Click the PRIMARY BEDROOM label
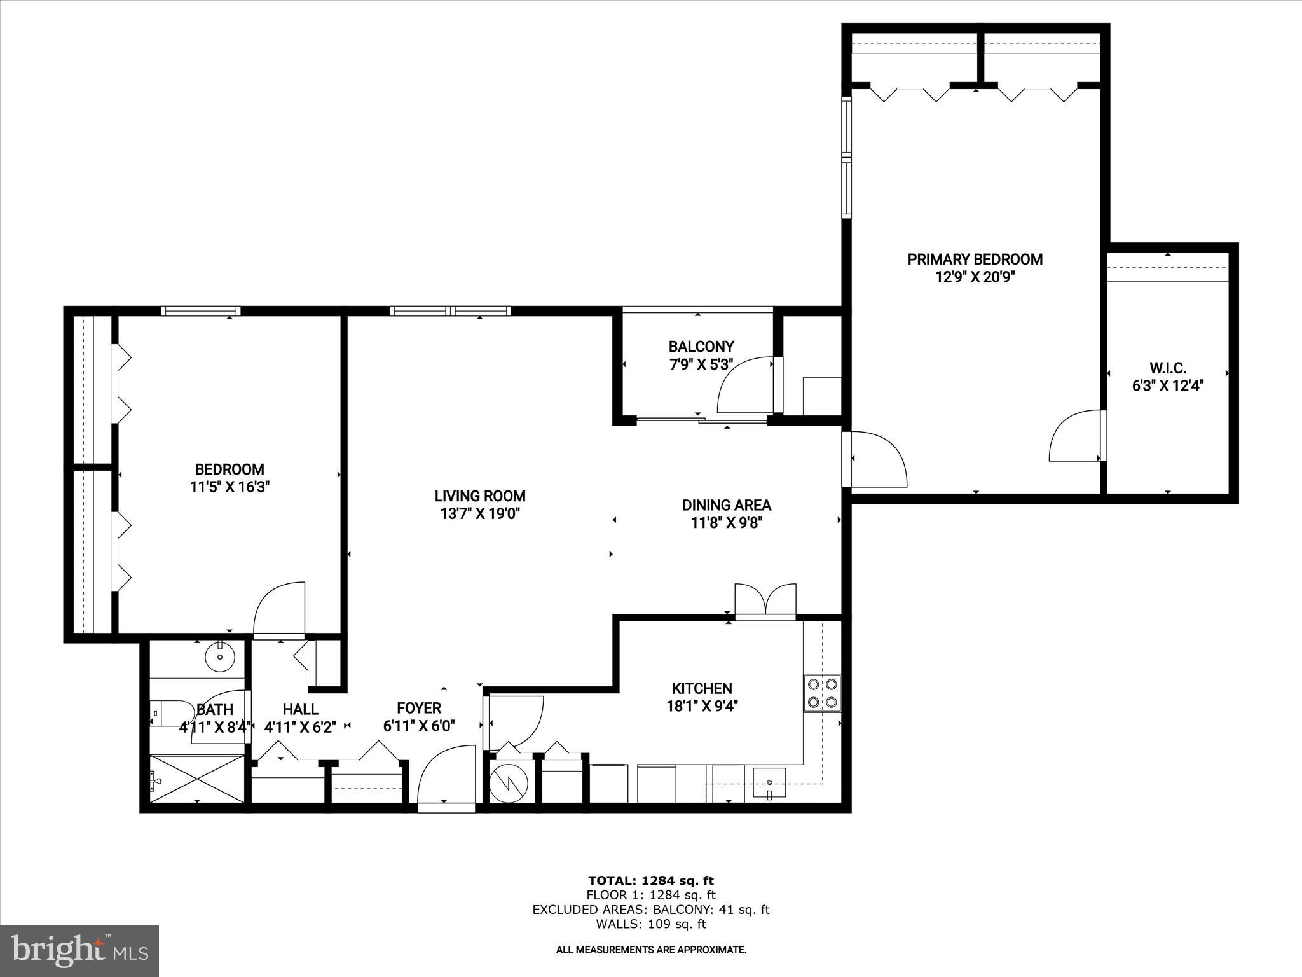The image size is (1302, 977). (975, 260)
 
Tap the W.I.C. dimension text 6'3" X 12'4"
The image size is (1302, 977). (1168, 385)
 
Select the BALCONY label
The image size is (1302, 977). (701, 347)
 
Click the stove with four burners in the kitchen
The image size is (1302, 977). (822, 693)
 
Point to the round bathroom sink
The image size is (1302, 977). (219, 656)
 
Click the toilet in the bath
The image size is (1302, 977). (170, 712)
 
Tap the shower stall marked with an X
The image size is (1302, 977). (196, 779)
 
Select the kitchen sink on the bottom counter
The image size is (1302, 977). (769, 781)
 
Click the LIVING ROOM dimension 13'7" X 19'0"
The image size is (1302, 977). (480, 514)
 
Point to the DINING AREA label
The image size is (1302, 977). (726, 505)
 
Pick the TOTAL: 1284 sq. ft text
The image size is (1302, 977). (650, 880)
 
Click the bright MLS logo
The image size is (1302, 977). (79, 950)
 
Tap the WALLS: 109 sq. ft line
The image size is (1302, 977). (650, 924)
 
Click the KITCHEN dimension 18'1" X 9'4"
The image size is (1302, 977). (702, 706)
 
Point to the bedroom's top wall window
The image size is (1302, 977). (200, 311)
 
